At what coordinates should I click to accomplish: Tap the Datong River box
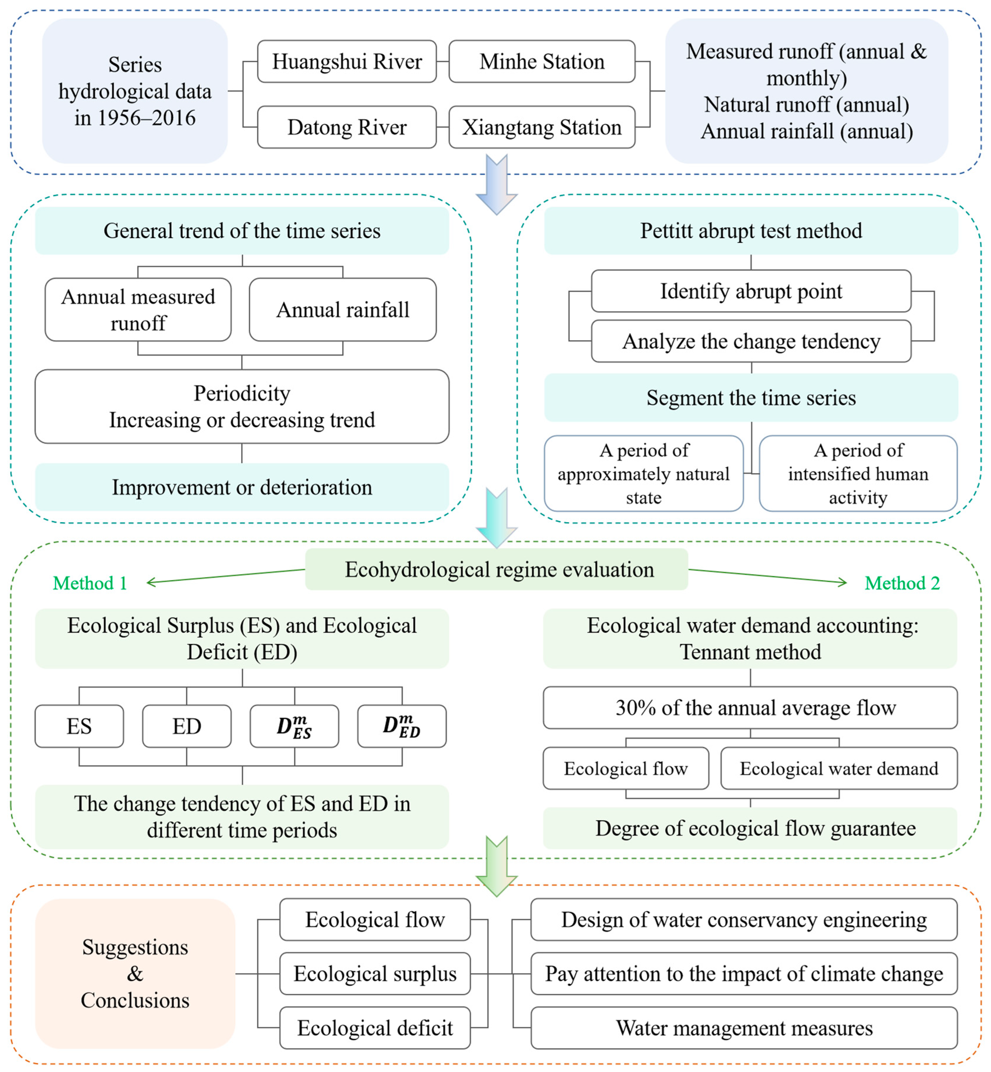347,127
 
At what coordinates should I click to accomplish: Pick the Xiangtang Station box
542,127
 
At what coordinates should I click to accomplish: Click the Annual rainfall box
343,310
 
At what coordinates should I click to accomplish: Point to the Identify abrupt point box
751,291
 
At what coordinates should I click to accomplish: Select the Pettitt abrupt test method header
751,231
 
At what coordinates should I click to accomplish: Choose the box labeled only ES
79,726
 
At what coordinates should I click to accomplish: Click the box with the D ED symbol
402,726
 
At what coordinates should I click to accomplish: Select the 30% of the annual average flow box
750,708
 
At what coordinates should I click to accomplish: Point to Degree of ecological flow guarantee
750,828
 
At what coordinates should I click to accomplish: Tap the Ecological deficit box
375,1027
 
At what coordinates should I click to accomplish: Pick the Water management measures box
744,1027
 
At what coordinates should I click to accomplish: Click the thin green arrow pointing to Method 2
767,576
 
